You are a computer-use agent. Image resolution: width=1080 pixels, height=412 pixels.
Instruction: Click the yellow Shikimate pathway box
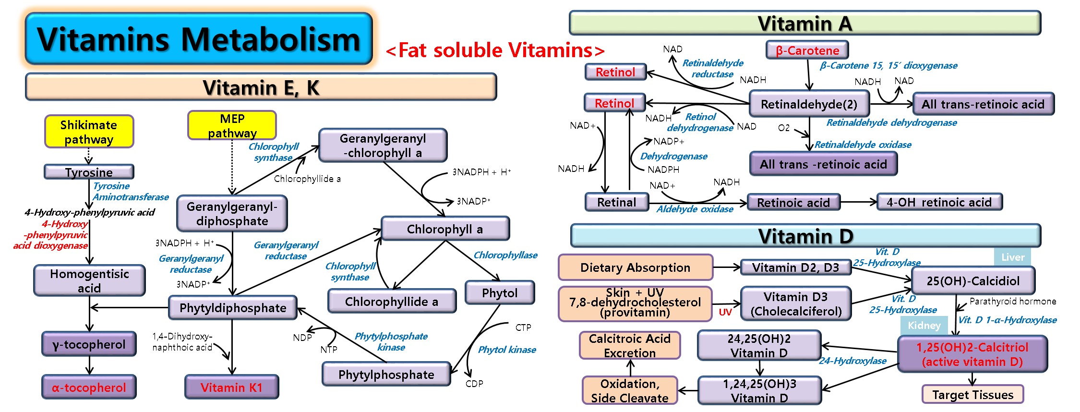tap(89, 131)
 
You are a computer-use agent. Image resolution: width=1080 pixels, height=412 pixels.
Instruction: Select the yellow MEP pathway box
tap(232, 125)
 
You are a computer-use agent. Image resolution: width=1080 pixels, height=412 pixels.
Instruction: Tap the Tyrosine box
tap(89, 171)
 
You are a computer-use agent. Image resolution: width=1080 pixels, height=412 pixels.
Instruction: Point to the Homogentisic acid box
tap(89, 280)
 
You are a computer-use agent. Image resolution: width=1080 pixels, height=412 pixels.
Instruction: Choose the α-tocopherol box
tap(89, 387)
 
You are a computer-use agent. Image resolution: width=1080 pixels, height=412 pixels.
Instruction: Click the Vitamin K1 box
tap(231, 387)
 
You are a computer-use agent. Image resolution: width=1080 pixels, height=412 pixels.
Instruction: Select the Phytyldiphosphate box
tap(233, 307)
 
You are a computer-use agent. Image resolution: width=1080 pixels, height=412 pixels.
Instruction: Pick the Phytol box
tap(500, 292)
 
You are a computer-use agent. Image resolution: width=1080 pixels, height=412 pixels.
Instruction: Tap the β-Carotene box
tap(807, 50)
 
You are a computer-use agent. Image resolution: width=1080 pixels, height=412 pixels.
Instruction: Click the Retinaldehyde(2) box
tap(809, 104)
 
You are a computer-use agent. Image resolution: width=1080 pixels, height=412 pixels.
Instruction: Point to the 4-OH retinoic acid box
tap(939, 202)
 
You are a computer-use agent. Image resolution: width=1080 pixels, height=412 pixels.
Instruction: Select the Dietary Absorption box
tap(636, 267)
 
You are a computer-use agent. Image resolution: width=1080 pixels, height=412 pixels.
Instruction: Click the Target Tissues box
tap(972, 394)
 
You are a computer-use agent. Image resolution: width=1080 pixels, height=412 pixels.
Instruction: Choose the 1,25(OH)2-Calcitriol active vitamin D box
tap(972, 354)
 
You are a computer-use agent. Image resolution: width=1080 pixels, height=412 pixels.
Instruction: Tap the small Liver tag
tap(1013, 257)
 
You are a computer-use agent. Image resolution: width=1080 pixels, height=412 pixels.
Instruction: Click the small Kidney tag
tap(924, 325)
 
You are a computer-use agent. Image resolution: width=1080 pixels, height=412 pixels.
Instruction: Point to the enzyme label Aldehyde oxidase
tap(695, 209)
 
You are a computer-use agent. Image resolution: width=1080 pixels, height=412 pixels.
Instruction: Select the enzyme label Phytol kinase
tap(507, 350)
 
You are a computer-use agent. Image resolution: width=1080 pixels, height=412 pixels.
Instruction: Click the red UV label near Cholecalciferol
tap(725, 312)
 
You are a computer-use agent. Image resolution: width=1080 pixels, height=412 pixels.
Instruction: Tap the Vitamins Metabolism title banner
tap(199, 38)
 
